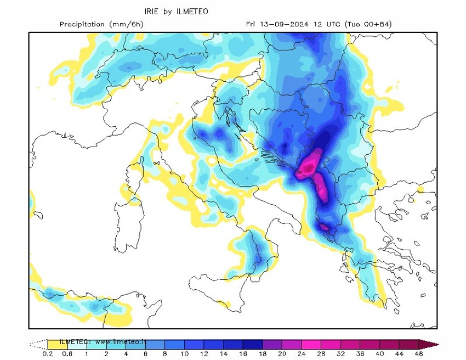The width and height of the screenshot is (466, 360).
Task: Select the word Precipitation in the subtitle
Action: coord(82,24)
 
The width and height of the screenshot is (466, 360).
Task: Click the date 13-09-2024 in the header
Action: coord(285,24)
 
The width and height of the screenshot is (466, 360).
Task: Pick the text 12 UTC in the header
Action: coord(326,24)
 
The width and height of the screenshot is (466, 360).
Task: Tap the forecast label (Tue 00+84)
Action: coord(368,24)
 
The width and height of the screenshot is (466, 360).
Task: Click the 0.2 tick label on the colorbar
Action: coord(48,353)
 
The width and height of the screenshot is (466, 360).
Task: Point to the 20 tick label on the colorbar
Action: coord(282,353)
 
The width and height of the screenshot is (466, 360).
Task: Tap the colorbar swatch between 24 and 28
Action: coord(311,344)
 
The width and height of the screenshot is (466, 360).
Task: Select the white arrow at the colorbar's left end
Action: coord(38,344)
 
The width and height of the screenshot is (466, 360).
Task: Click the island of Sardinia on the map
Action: coord(125,225)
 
